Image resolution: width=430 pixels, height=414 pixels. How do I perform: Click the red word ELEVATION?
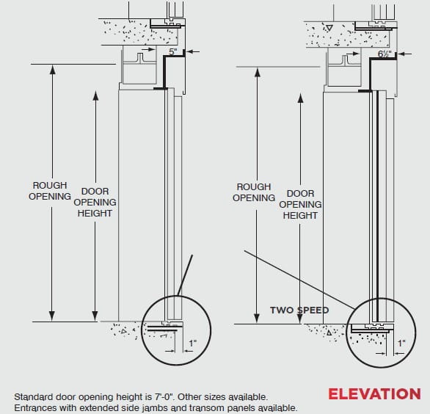(374, 394)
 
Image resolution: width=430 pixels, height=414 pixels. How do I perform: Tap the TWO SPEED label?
(299, 310)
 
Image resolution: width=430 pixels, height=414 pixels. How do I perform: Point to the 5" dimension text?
(173, 51)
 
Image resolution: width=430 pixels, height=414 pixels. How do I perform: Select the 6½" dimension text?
(385, 54)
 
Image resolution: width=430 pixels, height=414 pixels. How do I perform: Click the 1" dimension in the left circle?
(193, 344)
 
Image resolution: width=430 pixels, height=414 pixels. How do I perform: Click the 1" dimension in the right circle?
(402, 344)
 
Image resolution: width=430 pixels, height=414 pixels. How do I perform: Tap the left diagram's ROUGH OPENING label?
(50, 191)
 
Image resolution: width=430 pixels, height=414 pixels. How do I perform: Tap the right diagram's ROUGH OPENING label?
(254, 192)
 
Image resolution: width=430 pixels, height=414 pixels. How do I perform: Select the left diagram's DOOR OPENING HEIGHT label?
(95, 202)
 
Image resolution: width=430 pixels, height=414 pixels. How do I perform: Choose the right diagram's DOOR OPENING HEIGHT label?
(300, 204)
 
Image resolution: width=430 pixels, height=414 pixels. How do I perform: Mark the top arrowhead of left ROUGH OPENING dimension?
(52, 70)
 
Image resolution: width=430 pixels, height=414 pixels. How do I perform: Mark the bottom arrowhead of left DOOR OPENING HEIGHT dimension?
(95, 316)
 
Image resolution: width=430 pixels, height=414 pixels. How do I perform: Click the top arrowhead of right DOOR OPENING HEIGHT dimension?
(301, 98)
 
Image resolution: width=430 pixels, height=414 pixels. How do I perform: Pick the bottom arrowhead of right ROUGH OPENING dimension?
(257, 319)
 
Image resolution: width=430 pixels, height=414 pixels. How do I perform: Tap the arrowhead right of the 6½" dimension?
(401, 54)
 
